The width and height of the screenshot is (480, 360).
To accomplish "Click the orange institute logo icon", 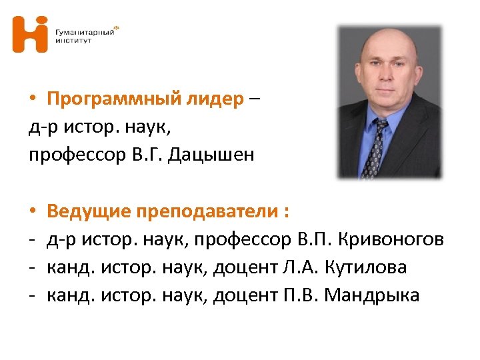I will (x=30, y=35).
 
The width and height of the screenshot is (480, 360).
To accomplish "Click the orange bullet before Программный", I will (x=33, y=100).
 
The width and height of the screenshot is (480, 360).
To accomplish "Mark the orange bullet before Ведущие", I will (x=33, y=213).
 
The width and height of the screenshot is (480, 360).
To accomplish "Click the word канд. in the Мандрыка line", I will (x=65, y=295).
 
